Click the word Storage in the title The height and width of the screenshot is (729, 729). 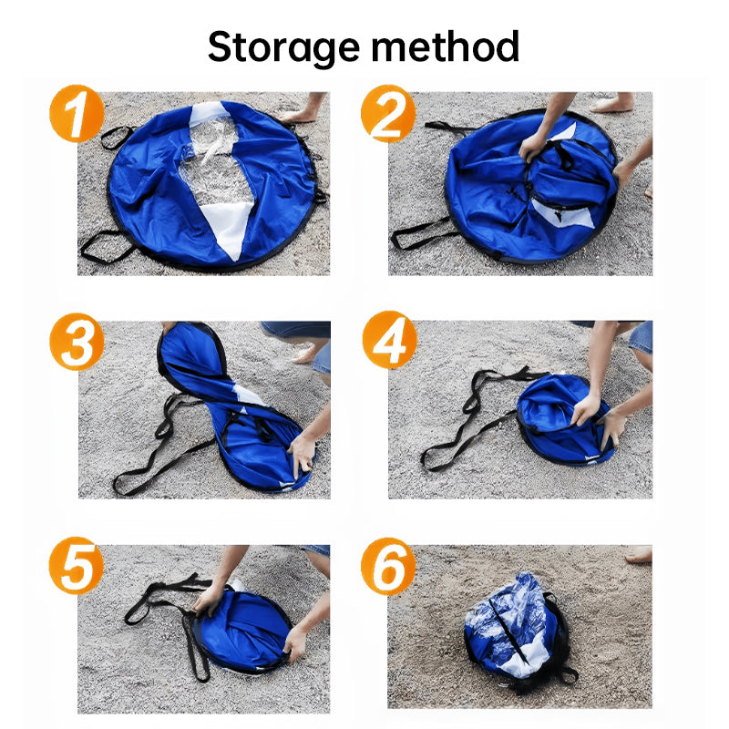(x=285, y=47)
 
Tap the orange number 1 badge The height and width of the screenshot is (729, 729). (x=77, y=114)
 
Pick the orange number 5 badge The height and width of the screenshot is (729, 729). (x=77, y=567)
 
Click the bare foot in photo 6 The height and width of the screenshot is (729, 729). (x=638, y=554)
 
